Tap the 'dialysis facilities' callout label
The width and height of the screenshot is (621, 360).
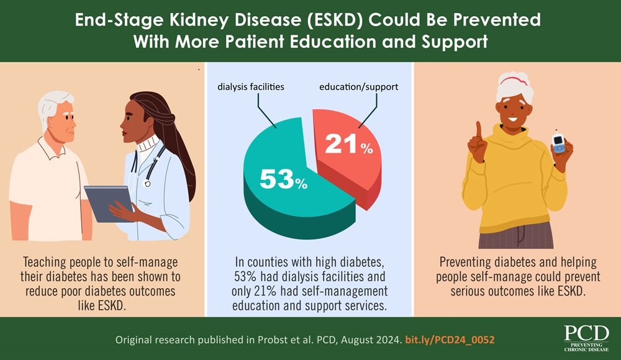pos(251,87)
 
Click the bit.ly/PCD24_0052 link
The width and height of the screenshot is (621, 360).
pos(450,341)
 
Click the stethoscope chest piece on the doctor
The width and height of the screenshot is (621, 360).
pos(148,183)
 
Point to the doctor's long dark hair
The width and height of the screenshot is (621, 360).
pos(180,161)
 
